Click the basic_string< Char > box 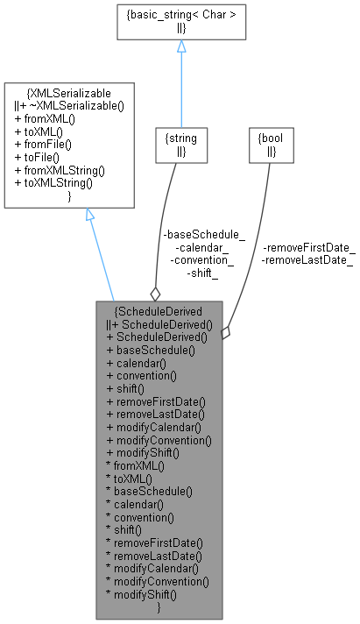pyautogui.click(x=180, y=20)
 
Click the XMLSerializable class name pyautogui.click(x=69, y=92)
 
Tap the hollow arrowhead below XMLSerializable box pyautogui.click(x=90, y=215)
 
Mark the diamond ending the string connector pyautogui.click(x=155, y=294)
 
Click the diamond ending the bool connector pyautogui.click(x=225, y=333)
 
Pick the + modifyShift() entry pyautogui.click(x=143, y=453)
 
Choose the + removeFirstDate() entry pyautogui.click(x=154, y=401)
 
